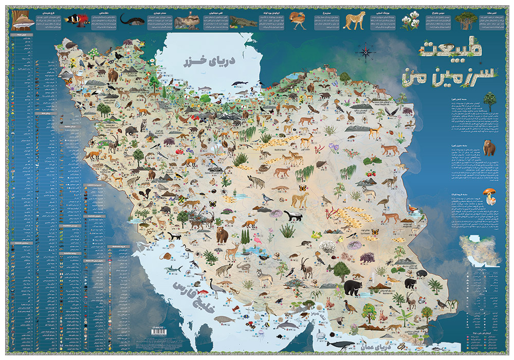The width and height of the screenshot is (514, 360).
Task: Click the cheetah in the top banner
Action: pyautogui.click(x=354, y=21)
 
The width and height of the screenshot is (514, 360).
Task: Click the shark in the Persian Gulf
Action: pyautogui.click(x=174, y=269)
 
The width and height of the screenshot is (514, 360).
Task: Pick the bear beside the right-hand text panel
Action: pyautogui.click(x=489, y=148)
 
